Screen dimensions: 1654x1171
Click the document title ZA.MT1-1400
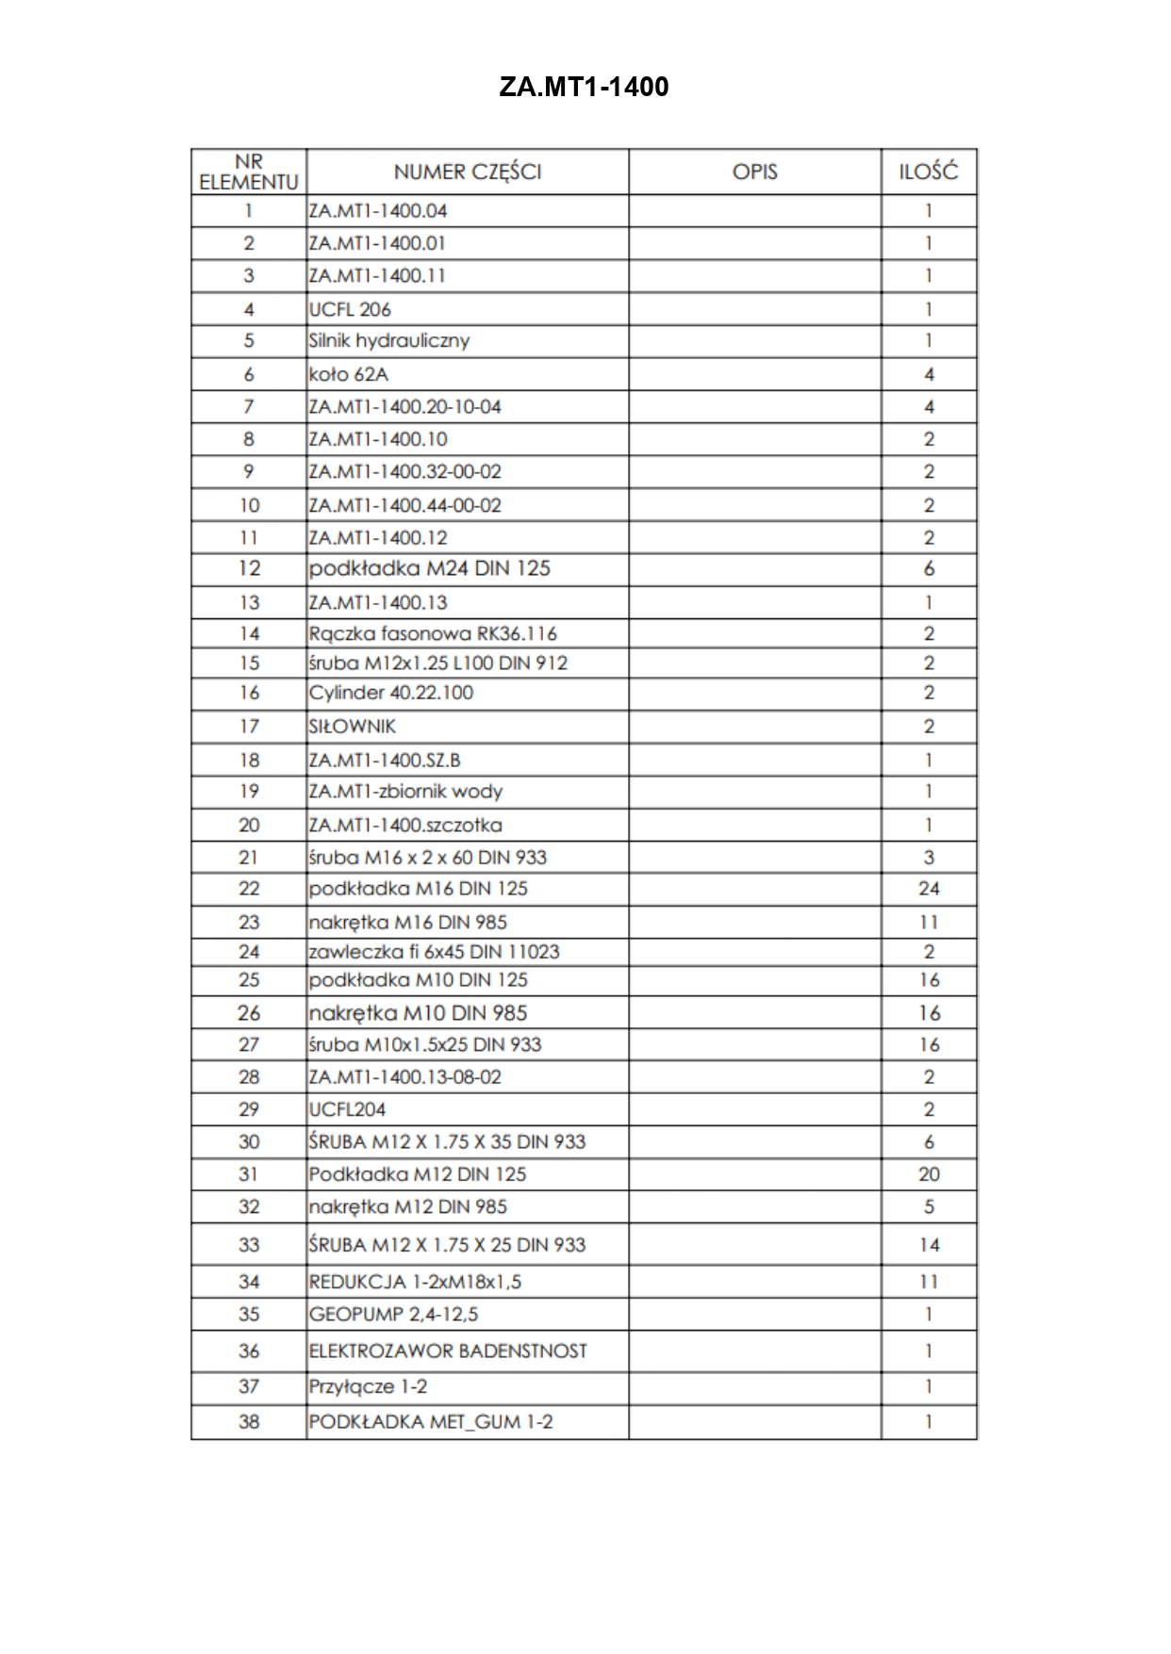point(584,88)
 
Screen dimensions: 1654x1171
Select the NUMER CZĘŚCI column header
point(467,172)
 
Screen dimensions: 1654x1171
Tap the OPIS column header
point(754,172)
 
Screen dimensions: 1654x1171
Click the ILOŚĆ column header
point(928,172)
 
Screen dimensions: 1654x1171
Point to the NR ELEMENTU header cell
point(249,172)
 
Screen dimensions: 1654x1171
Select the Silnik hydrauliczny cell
point(388,341)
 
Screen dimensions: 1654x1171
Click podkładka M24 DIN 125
point(429,568)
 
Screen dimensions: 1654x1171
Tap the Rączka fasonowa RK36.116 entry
point(433,633)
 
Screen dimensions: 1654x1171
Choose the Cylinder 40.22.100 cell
point(391,693)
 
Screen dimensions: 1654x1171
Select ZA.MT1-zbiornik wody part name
point(405,792)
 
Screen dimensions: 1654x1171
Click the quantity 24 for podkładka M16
point(929,889)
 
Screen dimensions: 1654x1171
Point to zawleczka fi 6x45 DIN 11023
point(434,952)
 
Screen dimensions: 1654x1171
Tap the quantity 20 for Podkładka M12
point(929,1174)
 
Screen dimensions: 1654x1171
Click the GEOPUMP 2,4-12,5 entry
point(393,1314)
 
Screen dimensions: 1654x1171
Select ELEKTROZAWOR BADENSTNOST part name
point(448,1351)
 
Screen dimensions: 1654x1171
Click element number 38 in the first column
point(249,1421)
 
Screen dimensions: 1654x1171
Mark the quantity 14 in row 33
point(929,1245)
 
